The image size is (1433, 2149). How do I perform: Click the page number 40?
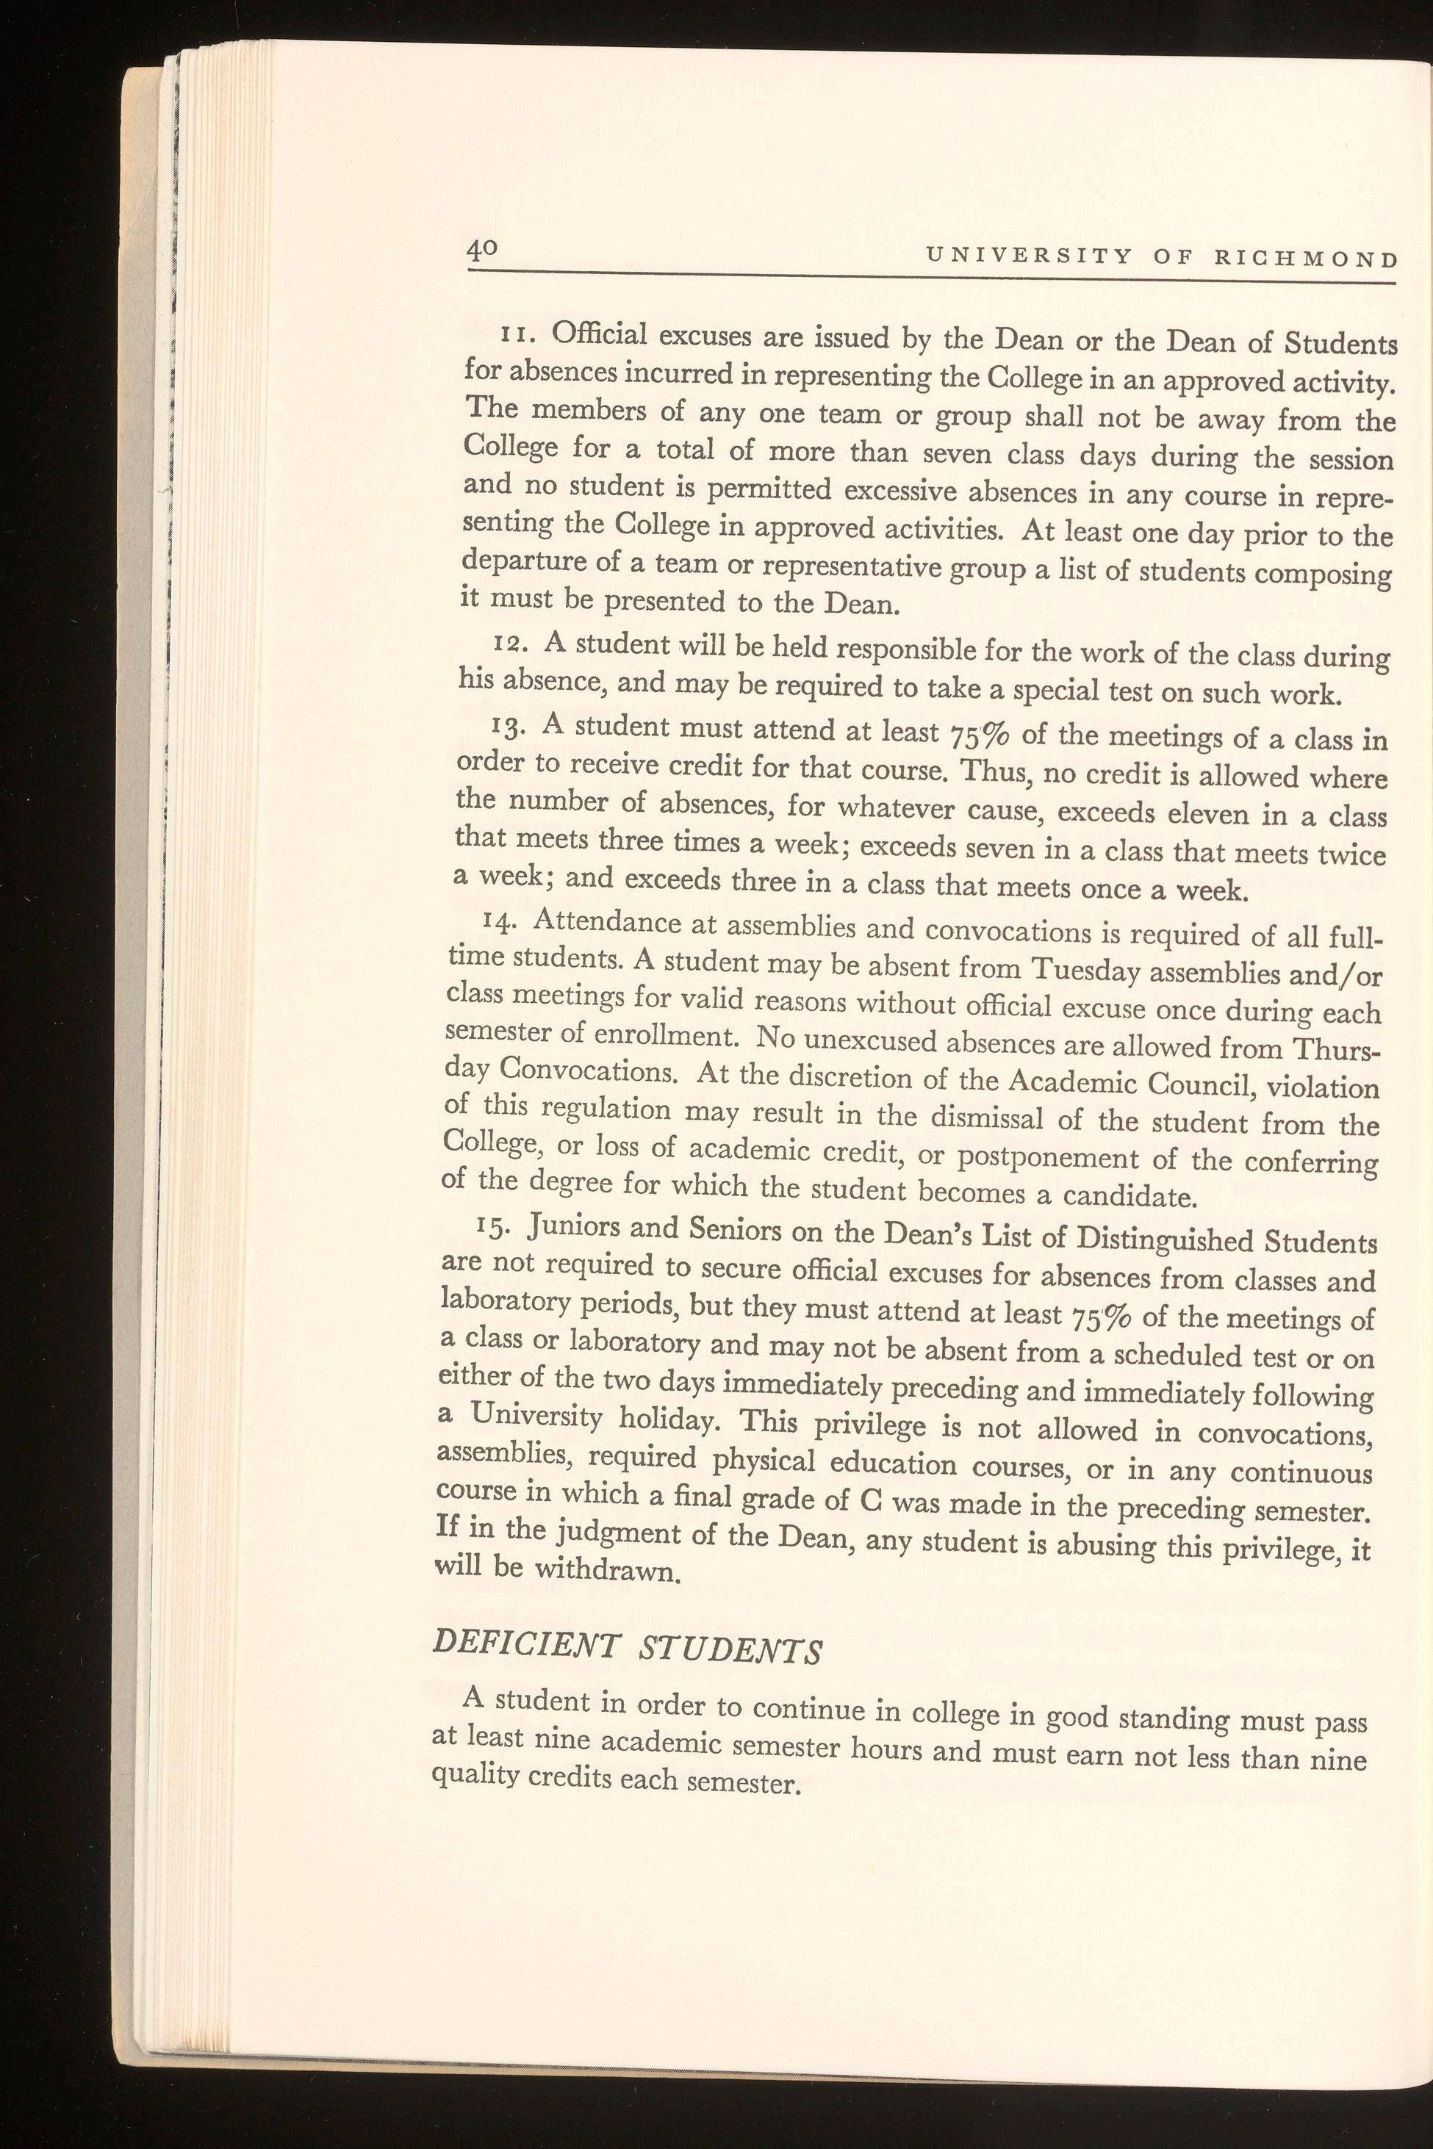tap(480, 250)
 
